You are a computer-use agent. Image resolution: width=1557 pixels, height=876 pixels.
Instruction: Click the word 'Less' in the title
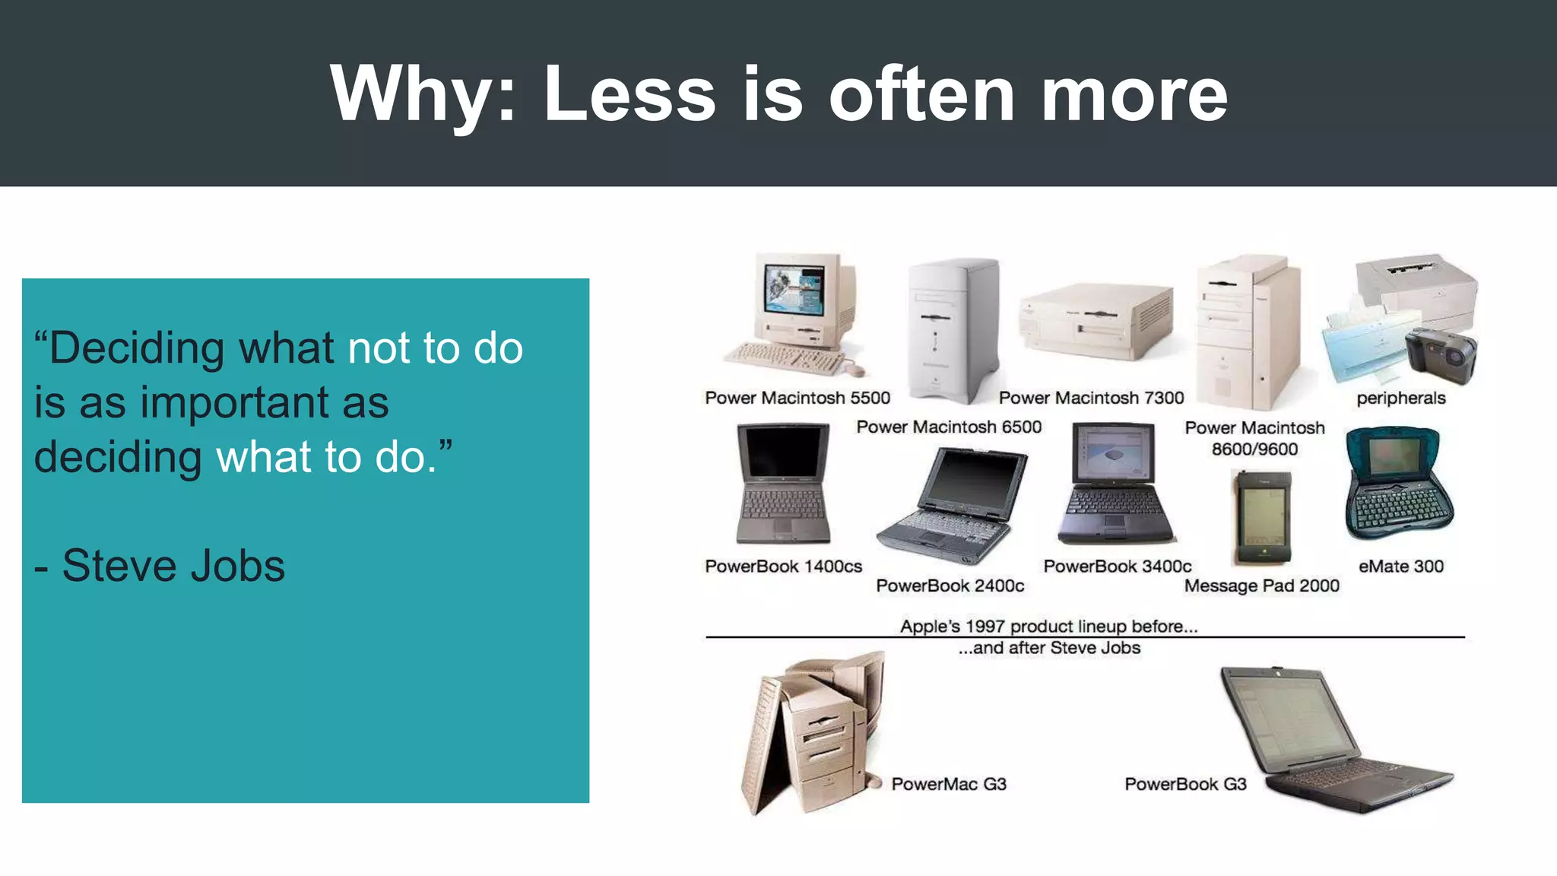pos(629,94)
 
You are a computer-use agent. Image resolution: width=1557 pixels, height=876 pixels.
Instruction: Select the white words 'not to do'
pos(435,348)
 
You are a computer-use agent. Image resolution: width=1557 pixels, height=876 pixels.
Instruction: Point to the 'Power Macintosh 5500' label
pos(797,398)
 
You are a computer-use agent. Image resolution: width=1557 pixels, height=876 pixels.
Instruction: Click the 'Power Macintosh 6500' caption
pos(948,427)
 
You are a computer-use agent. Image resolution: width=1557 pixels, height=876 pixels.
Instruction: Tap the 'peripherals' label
pos(1400,398)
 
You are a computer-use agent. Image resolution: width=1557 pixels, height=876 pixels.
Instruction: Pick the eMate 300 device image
pos(1399,485)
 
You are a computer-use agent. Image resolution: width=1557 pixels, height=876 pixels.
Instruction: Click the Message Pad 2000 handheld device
pos(1263,517)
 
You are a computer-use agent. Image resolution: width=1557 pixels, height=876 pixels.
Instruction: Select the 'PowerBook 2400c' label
pos(950,586)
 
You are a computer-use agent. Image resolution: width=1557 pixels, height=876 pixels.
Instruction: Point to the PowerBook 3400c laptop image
pos(1115,487)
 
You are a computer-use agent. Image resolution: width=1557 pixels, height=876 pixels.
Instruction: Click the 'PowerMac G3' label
pos(948,784)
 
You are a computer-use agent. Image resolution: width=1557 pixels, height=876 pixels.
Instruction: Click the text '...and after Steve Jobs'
pos(1049,648)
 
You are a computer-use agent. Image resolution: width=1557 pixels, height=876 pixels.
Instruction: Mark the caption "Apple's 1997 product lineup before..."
pos(1048,626)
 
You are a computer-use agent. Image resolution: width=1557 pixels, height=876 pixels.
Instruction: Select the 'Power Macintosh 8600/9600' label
pos(1254,438)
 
